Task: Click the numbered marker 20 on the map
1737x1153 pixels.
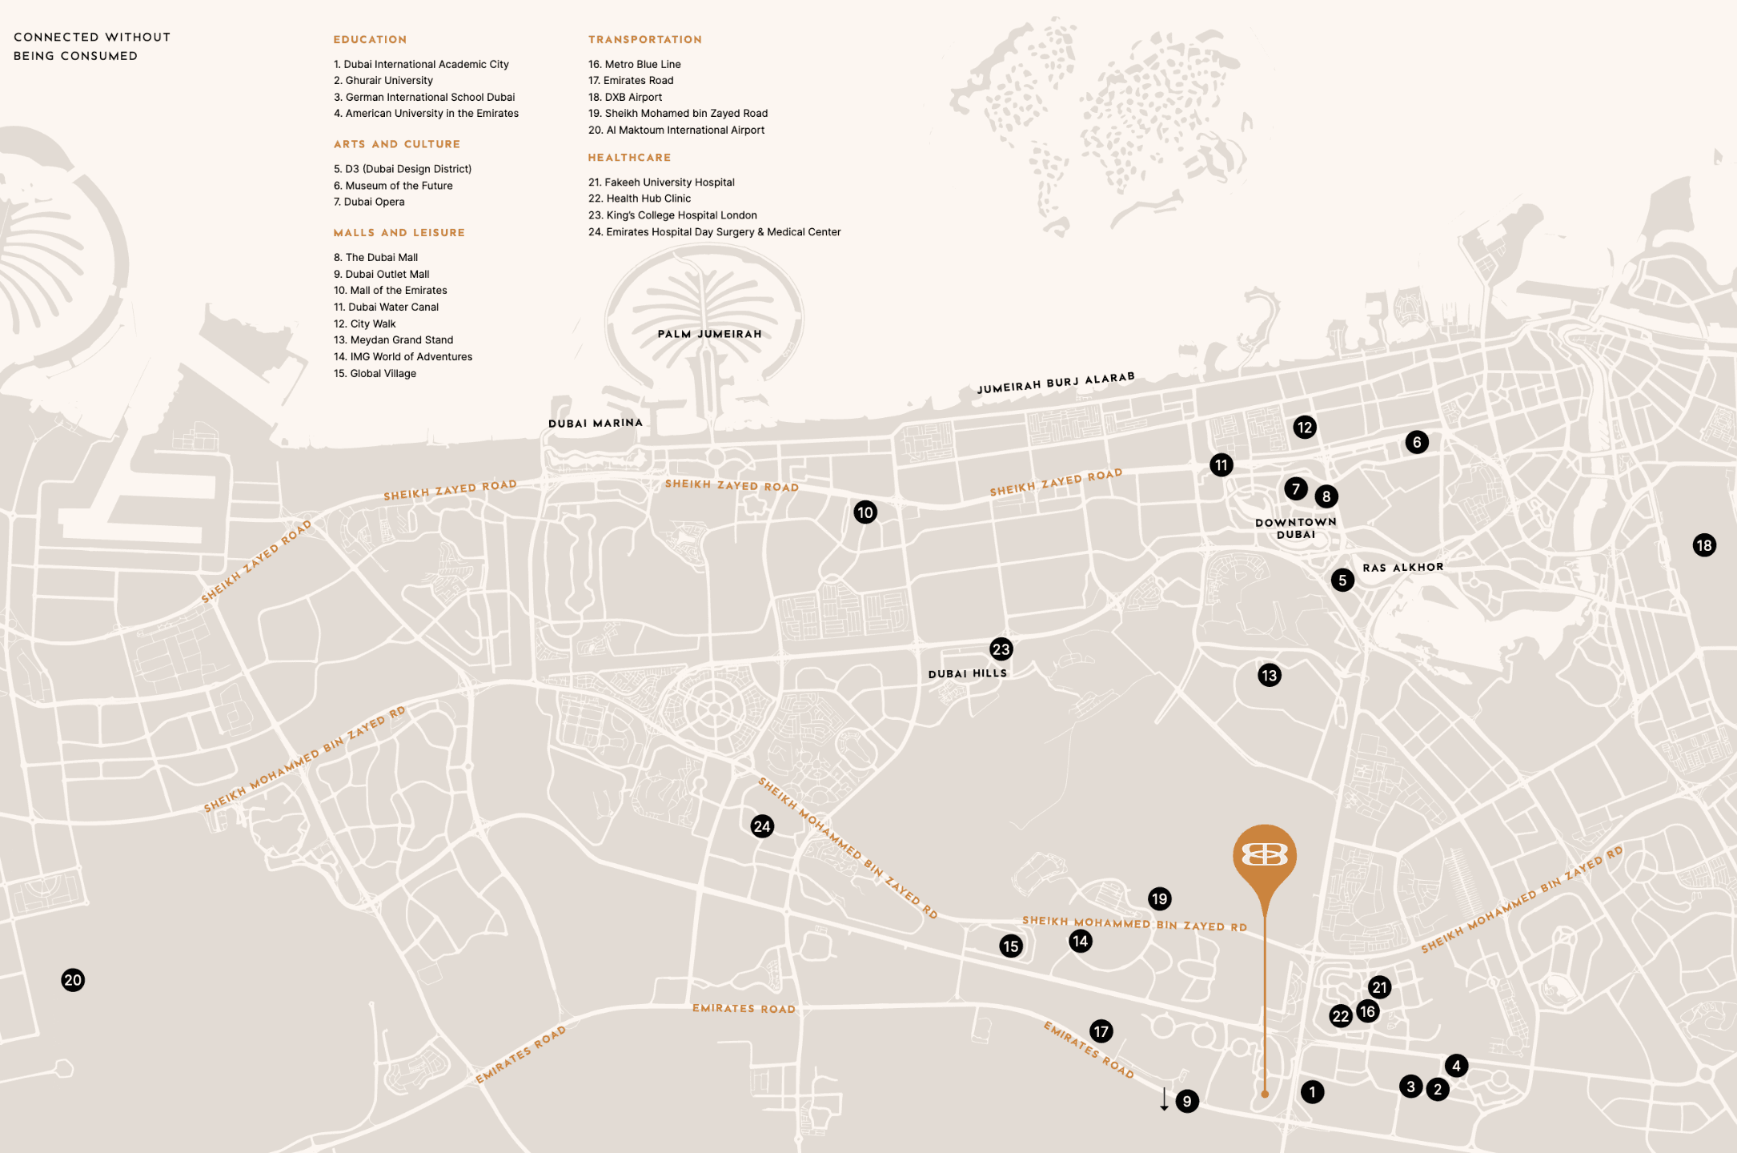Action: tap(73, 980)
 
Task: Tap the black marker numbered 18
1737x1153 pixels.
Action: tap(1704, 545)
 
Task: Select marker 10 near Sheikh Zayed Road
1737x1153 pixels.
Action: tap(865, 512)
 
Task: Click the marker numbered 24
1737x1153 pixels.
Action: tap(762, 826)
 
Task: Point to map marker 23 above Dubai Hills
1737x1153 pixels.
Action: tap(1001, 649)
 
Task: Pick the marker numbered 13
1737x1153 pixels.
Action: tap(1270, 675)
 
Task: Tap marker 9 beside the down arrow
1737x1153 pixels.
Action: tap(1187, 1101)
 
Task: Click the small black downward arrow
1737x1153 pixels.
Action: tap(1165, 1099)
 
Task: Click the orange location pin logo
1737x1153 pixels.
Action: tap(1265, 856)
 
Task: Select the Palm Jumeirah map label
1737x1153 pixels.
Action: tap(709, 334)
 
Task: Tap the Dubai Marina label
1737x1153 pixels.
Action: tap(596, 423)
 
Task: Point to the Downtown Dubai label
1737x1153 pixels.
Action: tap(1296, 528)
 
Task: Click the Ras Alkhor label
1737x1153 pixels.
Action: tap(1403, 568)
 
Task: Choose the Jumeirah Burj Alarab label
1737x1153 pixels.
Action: tap(1056, 383)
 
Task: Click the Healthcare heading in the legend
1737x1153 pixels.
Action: tap(629, 158)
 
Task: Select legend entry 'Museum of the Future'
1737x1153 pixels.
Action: tap(399, 186)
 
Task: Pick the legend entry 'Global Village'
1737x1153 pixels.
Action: tap(383, 373)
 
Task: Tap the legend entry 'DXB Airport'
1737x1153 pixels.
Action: tap(633, 97)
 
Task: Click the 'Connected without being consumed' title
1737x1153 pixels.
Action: tap(92, 46)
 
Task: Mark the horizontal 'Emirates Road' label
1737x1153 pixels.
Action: tap(744, 1009)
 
